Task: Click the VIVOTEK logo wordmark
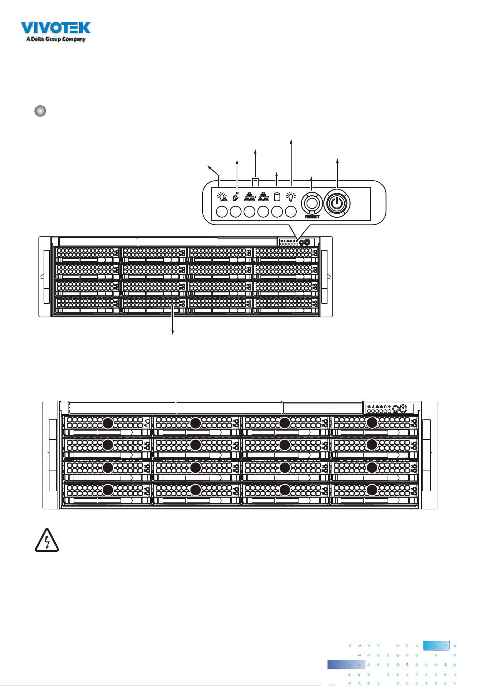click(x=55, y=28)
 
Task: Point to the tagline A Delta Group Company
click(x=56, y=39)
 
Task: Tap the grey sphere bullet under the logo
click(x=40, y=111)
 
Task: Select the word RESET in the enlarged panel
click(x=312, y=217)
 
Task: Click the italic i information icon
click(x=236, y=197)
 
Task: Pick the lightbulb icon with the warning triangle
click(x=222, y=197)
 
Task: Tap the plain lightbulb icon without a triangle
click(x=290, y=197)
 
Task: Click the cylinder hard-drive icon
click(x=277, y=197)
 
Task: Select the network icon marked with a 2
click(x=250, y=197)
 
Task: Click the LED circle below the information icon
click(x=236, y=212)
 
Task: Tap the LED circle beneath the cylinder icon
click(x=277, y=212)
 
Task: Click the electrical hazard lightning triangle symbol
click(x=47, y=540)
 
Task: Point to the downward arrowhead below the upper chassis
click(x=173, y=332)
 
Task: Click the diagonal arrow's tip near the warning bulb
click(x=208, y=166)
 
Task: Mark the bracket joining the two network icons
click(x=255, y=181)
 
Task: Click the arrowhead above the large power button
click(x=337, y=161)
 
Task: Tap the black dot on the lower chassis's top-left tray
click(x=108, y=423)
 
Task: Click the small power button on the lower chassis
click(x=403, y=408)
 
